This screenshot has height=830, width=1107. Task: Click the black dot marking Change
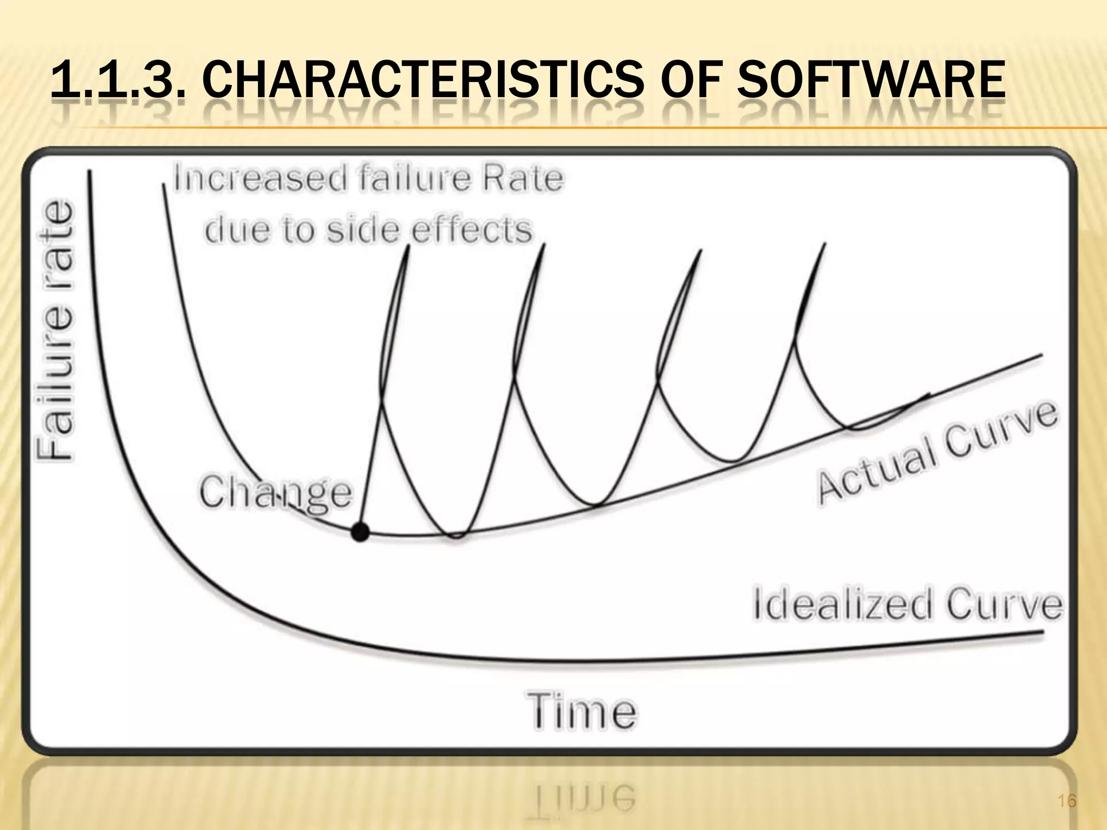[x=360, y=532]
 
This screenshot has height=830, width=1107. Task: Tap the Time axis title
[x=582, y=711]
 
